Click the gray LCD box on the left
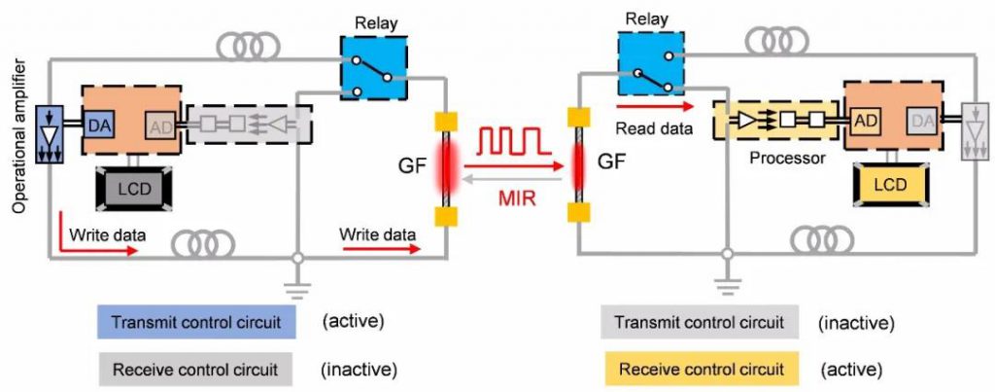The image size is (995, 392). click(x=134, y=189)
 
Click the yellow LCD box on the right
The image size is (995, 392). click(x=891, y=183)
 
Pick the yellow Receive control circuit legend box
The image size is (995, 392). click(x=700, y=370)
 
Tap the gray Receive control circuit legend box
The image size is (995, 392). click(x=195, y=370)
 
